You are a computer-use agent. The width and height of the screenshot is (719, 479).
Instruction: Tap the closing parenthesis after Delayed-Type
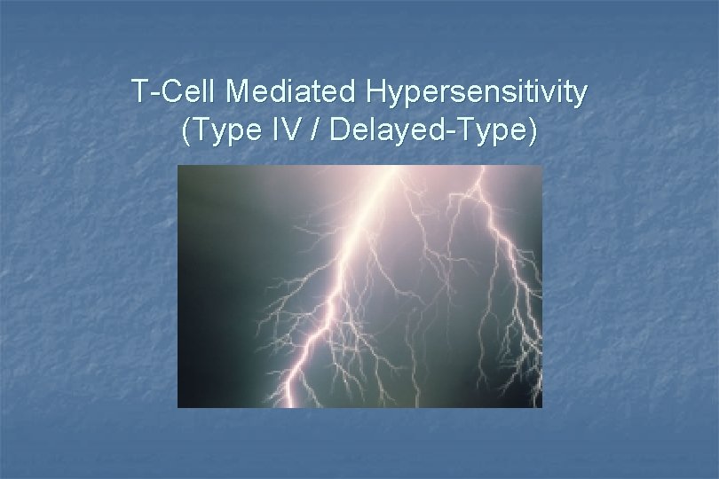click(x=533, y=131)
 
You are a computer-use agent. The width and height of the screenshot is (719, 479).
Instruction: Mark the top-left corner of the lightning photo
click(x=178, y=166)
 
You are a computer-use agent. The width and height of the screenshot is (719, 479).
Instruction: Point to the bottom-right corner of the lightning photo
click(x=541, y=406)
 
